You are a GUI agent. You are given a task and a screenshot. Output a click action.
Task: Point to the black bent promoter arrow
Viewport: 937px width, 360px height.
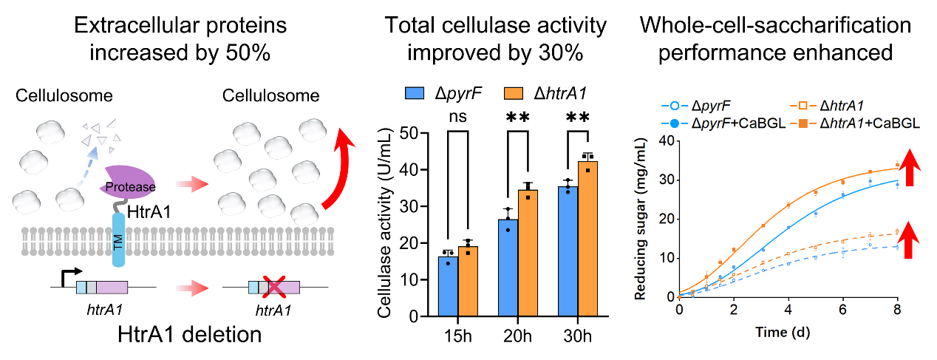(66, 276)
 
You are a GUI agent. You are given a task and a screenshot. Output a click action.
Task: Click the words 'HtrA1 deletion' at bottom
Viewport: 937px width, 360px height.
(190, 333)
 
